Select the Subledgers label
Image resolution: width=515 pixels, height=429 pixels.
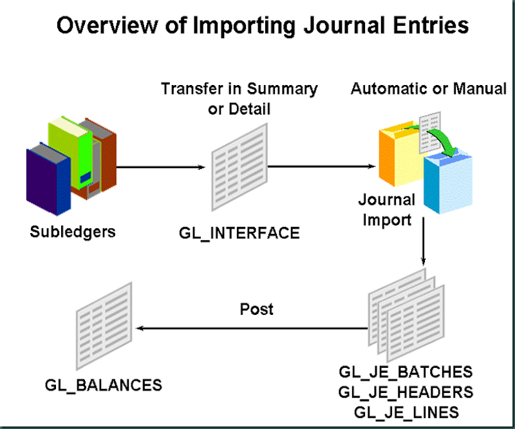click(x=73, y=231)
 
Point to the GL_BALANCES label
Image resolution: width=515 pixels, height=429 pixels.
click(x=103, y=386)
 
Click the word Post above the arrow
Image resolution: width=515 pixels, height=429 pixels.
click(x=257, y=309)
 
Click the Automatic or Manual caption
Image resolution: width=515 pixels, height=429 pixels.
click(x=428, y=89)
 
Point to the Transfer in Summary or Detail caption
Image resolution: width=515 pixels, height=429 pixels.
click(x=239, y=99)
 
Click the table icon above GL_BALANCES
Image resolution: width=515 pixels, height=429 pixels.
click(x=104, y=328)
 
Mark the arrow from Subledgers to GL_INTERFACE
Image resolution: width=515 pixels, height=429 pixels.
click(x=161, y=169)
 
